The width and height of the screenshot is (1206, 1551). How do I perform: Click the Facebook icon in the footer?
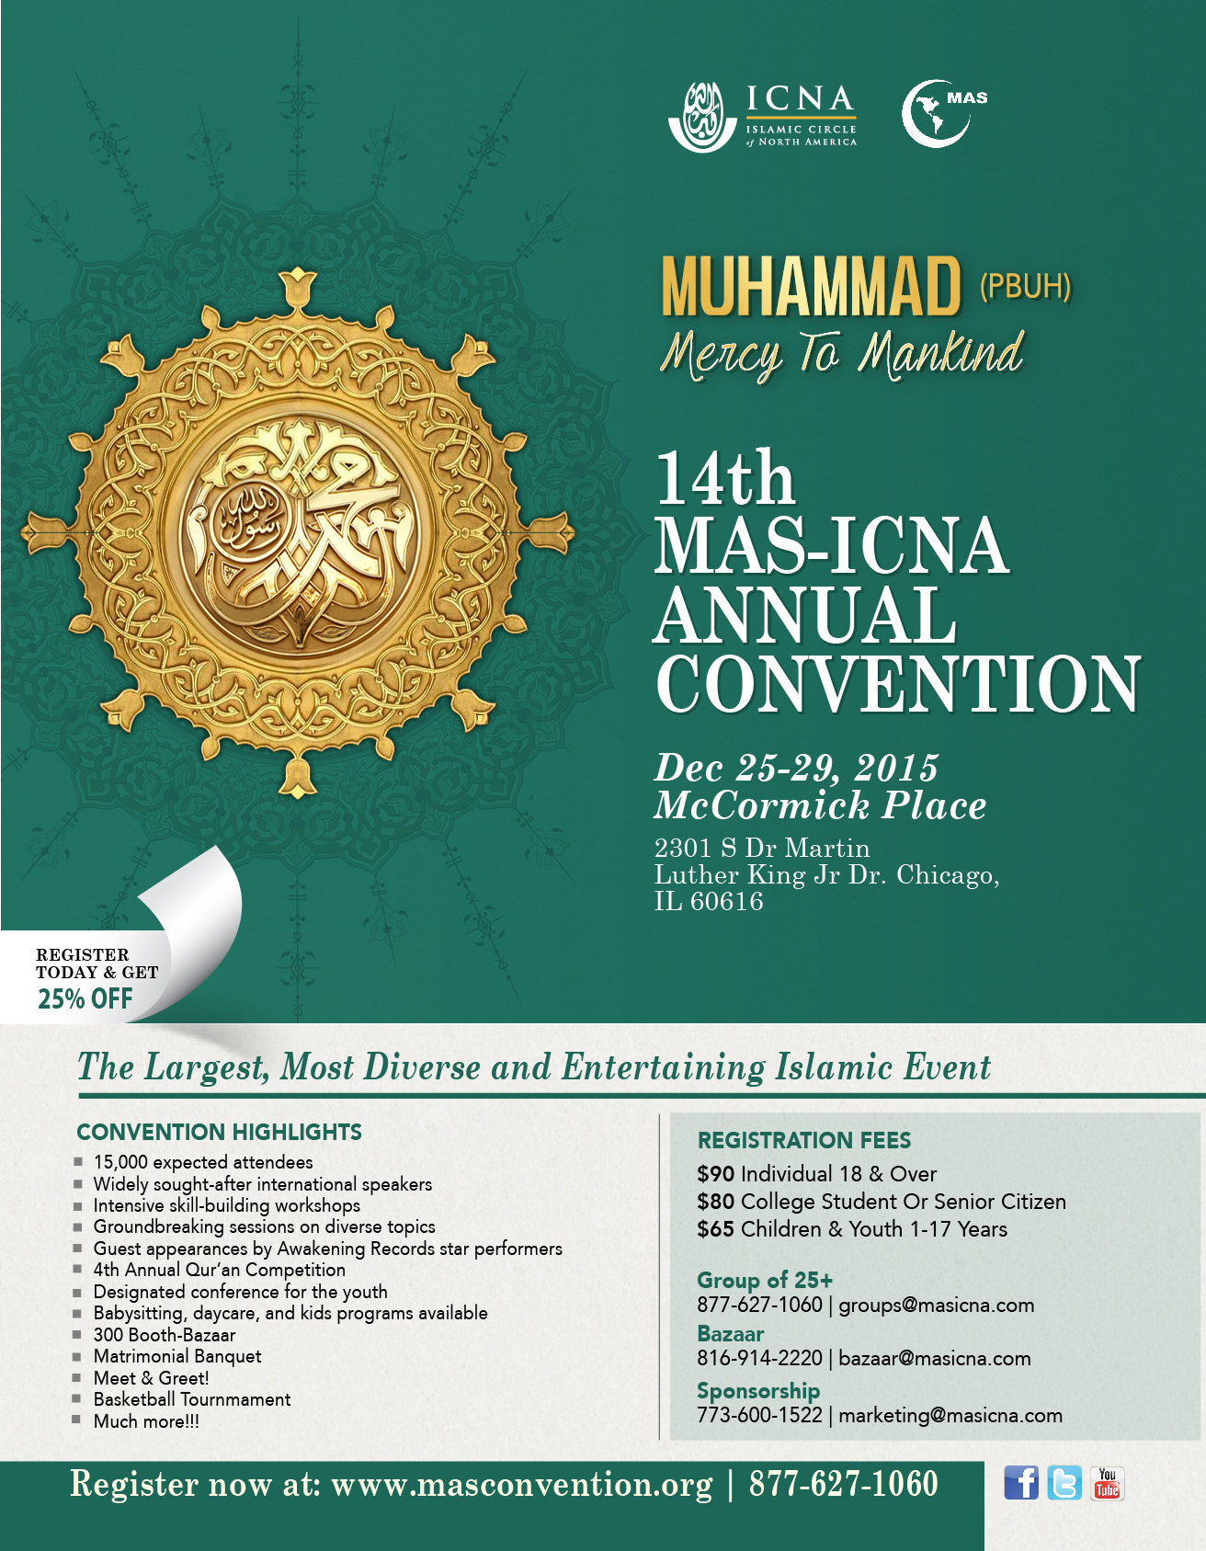1020,1483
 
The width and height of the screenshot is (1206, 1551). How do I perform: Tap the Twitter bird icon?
1064,1483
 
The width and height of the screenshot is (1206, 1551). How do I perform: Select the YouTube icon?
1107,1483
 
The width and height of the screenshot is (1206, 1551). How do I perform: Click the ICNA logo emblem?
702,117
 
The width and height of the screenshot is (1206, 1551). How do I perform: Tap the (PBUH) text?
1025,286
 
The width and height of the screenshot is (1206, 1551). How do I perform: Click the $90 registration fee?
715,1174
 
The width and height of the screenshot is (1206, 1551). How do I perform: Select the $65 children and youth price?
715,1229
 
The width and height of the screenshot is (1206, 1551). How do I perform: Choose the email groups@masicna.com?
936,1306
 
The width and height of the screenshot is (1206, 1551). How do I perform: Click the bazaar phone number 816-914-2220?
759,1359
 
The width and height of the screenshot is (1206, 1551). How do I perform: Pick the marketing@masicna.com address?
950,1415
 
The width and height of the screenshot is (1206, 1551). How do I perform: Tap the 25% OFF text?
85,998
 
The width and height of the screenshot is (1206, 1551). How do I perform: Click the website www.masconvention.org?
521,1485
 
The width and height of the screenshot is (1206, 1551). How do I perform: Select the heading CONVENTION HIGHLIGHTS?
219,1132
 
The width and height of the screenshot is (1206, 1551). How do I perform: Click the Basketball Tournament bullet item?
192,1399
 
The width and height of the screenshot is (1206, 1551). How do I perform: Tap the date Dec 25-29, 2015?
796,768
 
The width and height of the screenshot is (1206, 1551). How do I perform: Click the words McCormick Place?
820,805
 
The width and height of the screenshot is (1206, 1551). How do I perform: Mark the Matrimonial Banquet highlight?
177,1356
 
